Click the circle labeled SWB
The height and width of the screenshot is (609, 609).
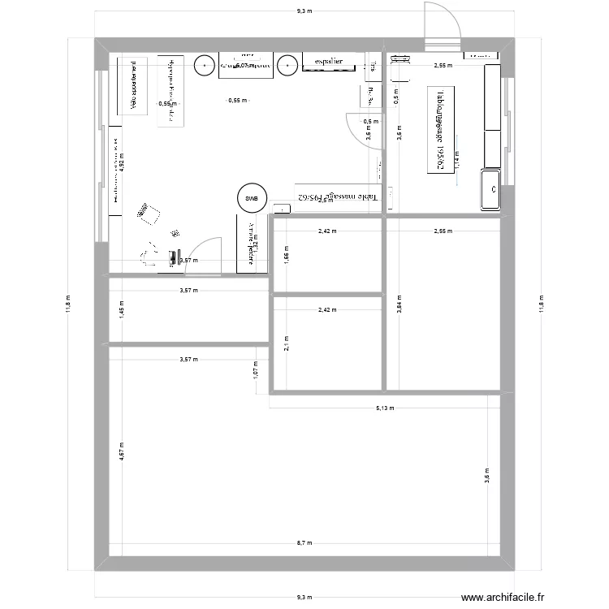click(251, 197)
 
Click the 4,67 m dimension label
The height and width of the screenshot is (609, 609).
click(121, 451)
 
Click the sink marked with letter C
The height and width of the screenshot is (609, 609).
click(491, 189)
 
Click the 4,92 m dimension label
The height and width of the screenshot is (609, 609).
click(122, 160)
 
